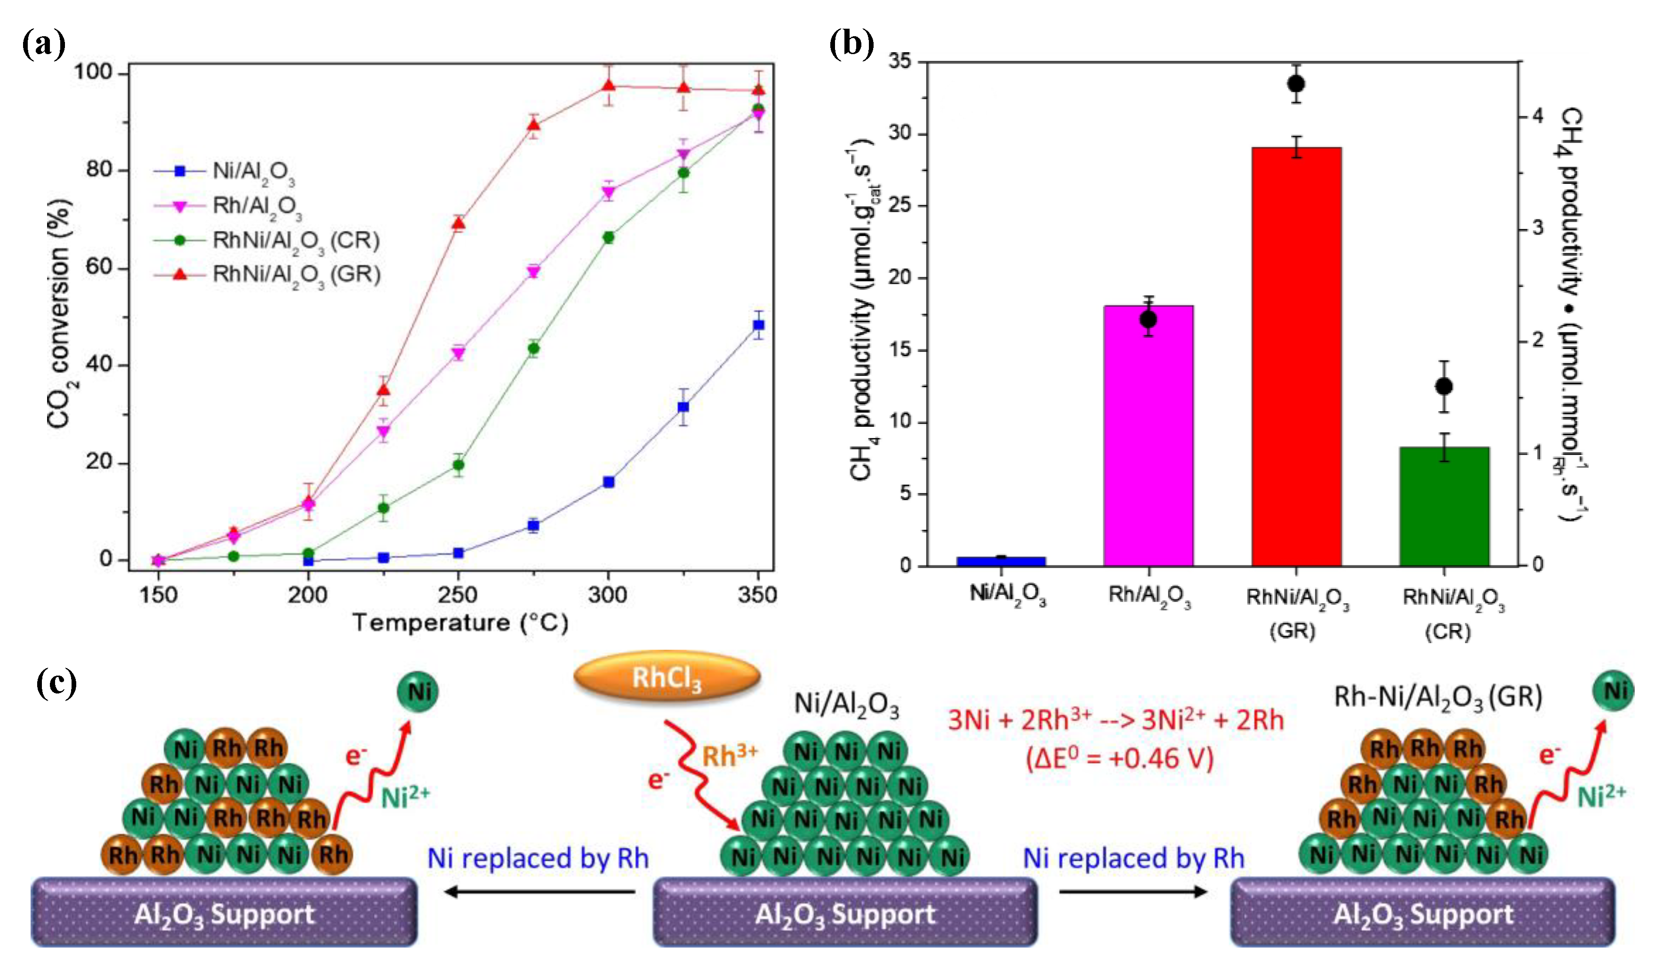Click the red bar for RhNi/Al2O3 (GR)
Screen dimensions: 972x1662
point(1296,356)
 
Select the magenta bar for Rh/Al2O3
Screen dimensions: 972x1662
point(1148,435)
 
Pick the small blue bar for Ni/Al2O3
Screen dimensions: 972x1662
point(1001,561)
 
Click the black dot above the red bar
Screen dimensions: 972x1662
point(1296,84)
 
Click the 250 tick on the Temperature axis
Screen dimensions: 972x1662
point(458,595)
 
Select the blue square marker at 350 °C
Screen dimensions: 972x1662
point(758,325)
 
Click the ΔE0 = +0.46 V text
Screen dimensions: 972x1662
point(1119,758)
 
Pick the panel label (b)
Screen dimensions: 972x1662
point(851,45)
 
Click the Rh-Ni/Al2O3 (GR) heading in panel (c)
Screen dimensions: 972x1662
point(1438,697)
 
